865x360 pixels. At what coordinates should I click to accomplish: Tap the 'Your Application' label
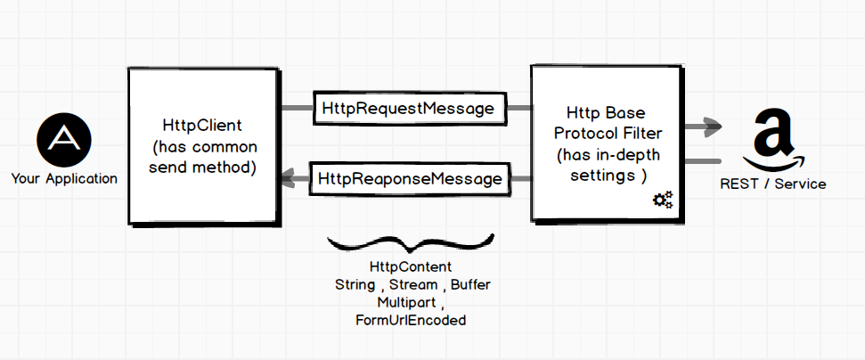(64, 178)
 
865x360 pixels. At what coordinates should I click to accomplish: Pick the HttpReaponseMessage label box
(409, 179)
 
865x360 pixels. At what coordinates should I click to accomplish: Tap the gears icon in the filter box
(663, 200)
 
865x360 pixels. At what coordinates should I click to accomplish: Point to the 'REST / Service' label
(772, 184)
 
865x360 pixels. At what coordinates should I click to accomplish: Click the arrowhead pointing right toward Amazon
(712, 127)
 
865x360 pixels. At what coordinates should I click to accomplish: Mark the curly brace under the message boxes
(410, 241)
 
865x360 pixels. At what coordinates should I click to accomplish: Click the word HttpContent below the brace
(411, 267)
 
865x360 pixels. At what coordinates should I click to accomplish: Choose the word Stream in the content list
(413, 284)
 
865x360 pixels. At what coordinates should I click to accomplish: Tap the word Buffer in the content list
(469, 284)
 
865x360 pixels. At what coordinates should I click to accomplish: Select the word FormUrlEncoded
(411, 319)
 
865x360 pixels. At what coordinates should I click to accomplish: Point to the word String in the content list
(355, 284)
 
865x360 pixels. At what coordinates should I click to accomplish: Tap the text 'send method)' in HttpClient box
(204, 167)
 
